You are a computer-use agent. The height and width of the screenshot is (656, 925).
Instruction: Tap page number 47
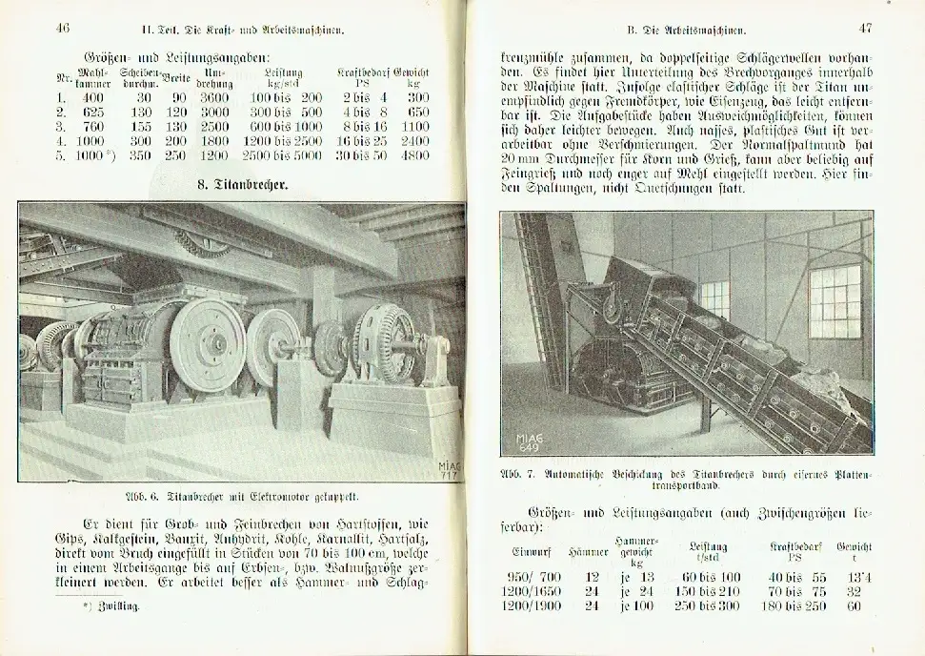pos(865,29)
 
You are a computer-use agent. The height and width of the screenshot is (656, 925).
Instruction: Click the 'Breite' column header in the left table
pos(173,75)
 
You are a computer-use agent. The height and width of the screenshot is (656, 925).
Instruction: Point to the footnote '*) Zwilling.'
pos(111,605)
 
